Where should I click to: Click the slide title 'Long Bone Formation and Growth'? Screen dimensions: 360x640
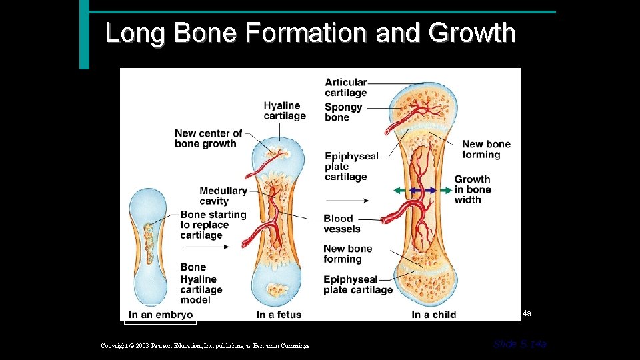[x=311, y=33]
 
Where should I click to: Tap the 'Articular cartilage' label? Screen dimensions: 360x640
[x=346, y=87]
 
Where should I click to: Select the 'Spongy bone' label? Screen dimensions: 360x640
[x=343, y=112]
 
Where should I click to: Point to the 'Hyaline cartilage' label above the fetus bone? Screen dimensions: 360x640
[x=285, y=111]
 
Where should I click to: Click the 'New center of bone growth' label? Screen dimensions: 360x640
[x=209, y=138]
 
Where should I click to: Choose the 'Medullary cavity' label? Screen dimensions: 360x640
[x=223, y=195]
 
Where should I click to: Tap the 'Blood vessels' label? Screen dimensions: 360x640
[x=342, y=223]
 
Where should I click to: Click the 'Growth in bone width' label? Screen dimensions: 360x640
[x=473, y=189]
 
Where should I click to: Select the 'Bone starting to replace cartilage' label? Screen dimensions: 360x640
[x=213, y=225]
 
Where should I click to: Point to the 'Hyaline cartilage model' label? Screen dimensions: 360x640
[x=201, y=289]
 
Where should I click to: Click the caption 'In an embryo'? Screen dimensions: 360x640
[x=161, y=315]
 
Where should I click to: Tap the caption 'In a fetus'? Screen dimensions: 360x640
[x=279, y=315]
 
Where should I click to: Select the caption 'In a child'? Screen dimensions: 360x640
[x=433, y=315]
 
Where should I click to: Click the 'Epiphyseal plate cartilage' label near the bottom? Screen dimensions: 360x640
[x=358, y=285]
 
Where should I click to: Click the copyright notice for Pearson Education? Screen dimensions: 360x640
[x=205, y=345]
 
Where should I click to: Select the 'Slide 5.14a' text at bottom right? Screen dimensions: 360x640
[x=520, y=344]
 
